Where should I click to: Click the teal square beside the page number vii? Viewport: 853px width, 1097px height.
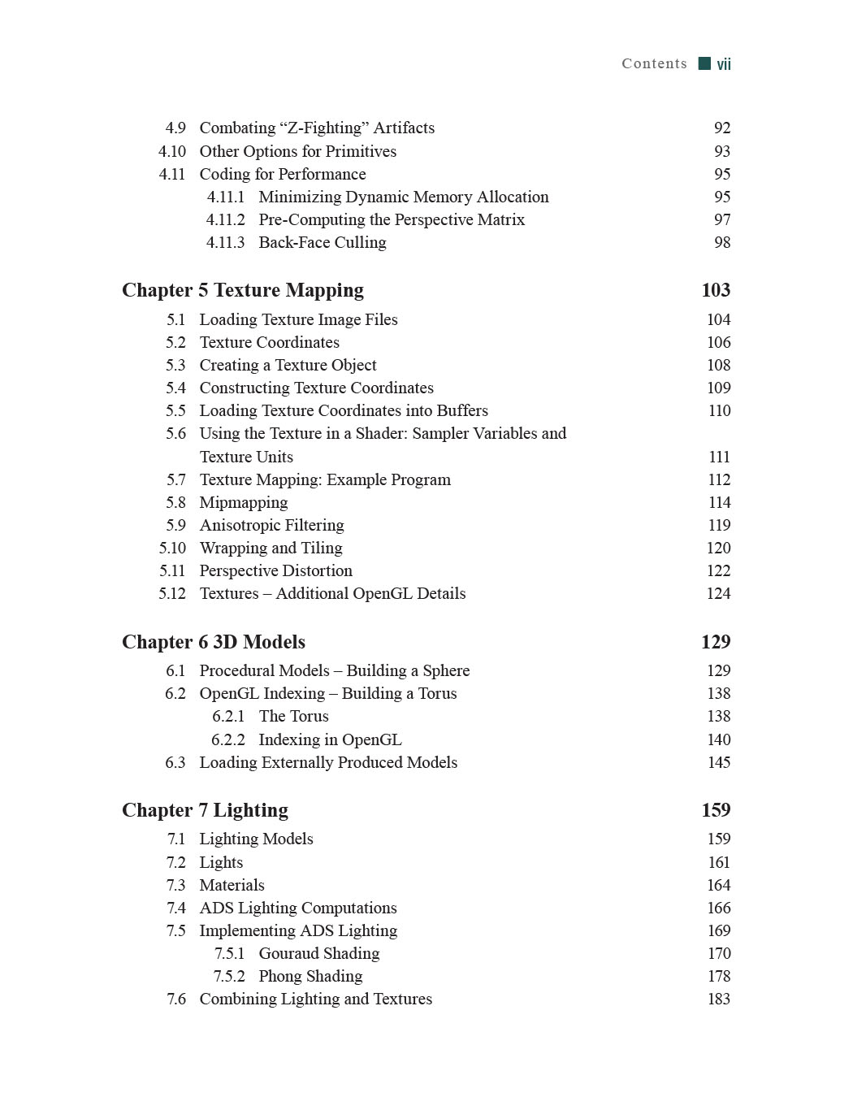click(x=704, y=63)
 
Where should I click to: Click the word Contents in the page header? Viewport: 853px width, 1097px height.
click(x=654, y=63)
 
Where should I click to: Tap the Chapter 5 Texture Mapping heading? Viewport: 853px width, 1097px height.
click(x=243, y=290)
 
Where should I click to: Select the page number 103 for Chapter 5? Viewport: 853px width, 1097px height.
click(x=715, y=290)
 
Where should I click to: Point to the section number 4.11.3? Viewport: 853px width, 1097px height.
click(x=225, y=242)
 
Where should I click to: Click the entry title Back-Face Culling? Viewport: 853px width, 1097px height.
click(x=322, y=242)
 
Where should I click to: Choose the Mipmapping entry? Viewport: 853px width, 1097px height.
click(x=244, y=502)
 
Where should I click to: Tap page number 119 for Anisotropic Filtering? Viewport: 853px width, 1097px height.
click(x=719, y=525)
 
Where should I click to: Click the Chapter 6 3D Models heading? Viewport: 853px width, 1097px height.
click(x=214, y=642)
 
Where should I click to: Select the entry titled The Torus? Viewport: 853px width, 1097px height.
click(x=293, y=716)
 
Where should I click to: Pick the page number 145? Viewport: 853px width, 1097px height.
click(x=719, y=762)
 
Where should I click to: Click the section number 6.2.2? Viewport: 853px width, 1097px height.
click(x=227, y=739)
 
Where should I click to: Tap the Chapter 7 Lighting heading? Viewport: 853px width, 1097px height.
click(x=205, y=810)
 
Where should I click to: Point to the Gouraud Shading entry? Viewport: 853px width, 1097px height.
click(x=318, y=953)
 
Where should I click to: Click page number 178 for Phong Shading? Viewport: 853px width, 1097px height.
click(x=719, y=976)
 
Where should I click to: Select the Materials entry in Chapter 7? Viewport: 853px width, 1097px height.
click(x=232, y=885)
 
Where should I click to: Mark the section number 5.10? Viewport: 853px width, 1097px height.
click(x=172, y=548)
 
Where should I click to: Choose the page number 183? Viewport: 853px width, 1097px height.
click(x=719, y=999)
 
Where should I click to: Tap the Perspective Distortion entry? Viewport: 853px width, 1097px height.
click(x=275, y=570)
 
